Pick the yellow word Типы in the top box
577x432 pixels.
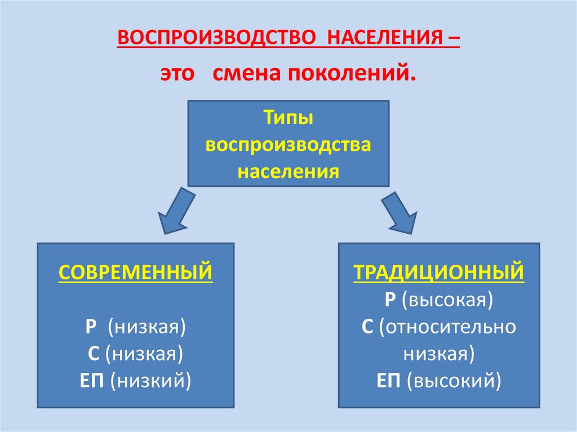pyautogui.click(x=288, y=119)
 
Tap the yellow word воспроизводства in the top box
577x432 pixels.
pyautogui.click(x=288, y=145)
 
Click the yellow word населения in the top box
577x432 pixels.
pyautogui.click(x=288, y=171)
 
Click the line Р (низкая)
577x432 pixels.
pyautogui.click(x=136, y=327)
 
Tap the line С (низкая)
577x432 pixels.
pyautogui.click(x=136, y=353)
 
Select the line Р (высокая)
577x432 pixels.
pyautogui.click(x=439, y=300)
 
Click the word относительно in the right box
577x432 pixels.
pyautogui.click(x=448, y=327)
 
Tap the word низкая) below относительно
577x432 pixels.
pyautogui.click(x=439, y=353)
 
